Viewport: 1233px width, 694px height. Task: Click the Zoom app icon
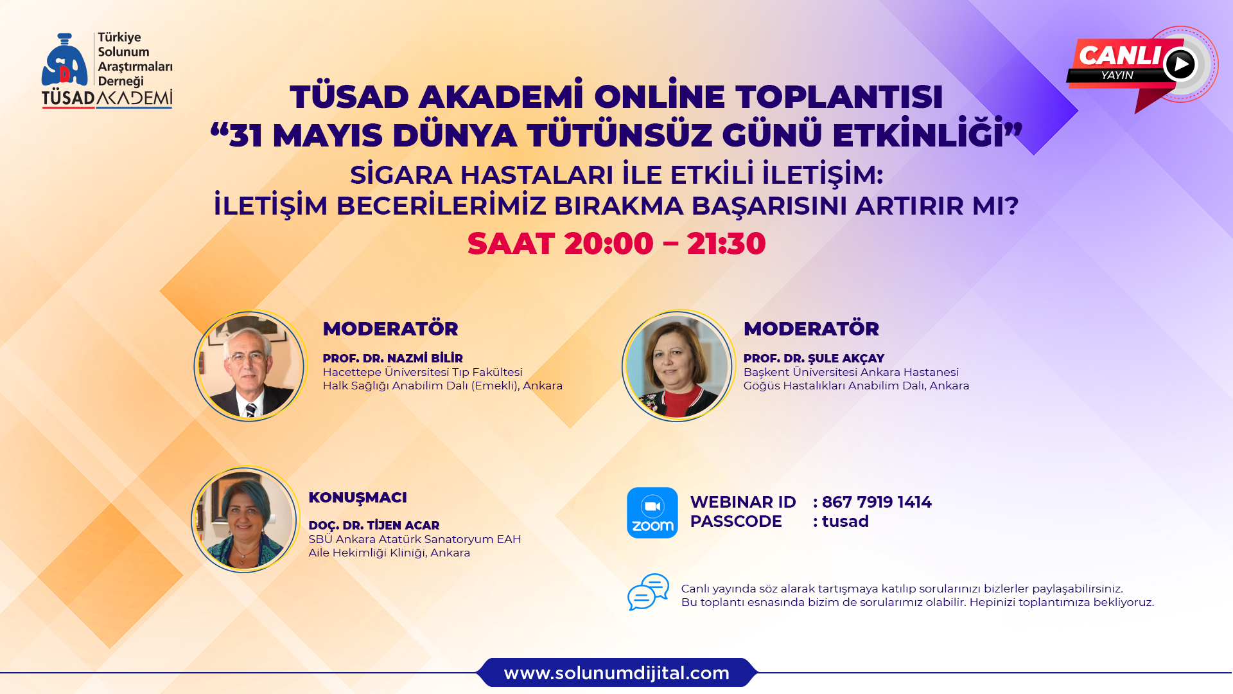click(652, 513)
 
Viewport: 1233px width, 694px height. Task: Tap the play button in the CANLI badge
click(1180, 64)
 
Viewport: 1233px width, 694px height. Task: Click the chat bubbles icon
click(649, 592)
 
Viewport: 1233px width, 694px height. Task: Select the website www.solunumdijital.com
click(616, 673)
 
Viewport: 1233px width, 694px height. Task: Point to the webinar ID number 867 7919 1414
click(877, 502)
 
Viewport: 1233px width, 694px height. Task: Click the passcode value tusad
click(845, 521)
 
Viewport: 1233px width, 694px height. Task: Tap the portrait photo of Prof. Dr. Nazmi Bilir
click(250, 366)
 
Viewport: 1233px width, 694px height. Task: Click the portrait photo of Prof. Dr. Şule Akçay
click(678, 366)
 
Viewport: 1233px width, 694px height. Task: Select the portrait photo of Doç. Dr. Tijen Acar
click(245, 519)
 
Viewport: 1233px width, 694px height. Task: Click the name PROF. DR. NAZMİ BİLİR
click(392, 358)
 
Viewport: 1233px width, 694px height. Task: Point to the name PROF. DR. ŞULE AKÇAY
click(814, 358)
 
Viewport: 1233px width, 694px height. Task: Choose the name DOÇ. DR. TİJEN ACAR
click(374, 525)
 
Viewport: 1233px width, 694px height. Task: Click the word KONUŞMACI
click(358, 497)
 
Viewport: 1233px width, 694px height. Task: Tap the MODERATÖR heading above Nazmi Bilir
click(390, 328)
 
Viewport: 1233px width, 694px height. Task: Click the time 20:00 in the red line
click(609, 244)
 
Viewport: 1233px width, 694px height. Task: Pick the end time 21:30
click(726, 244)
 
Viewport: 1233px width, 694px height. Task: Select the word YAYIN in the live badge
click(1117, 75)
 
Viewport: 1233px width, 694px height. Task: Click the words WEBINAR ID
click(743, 502)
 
